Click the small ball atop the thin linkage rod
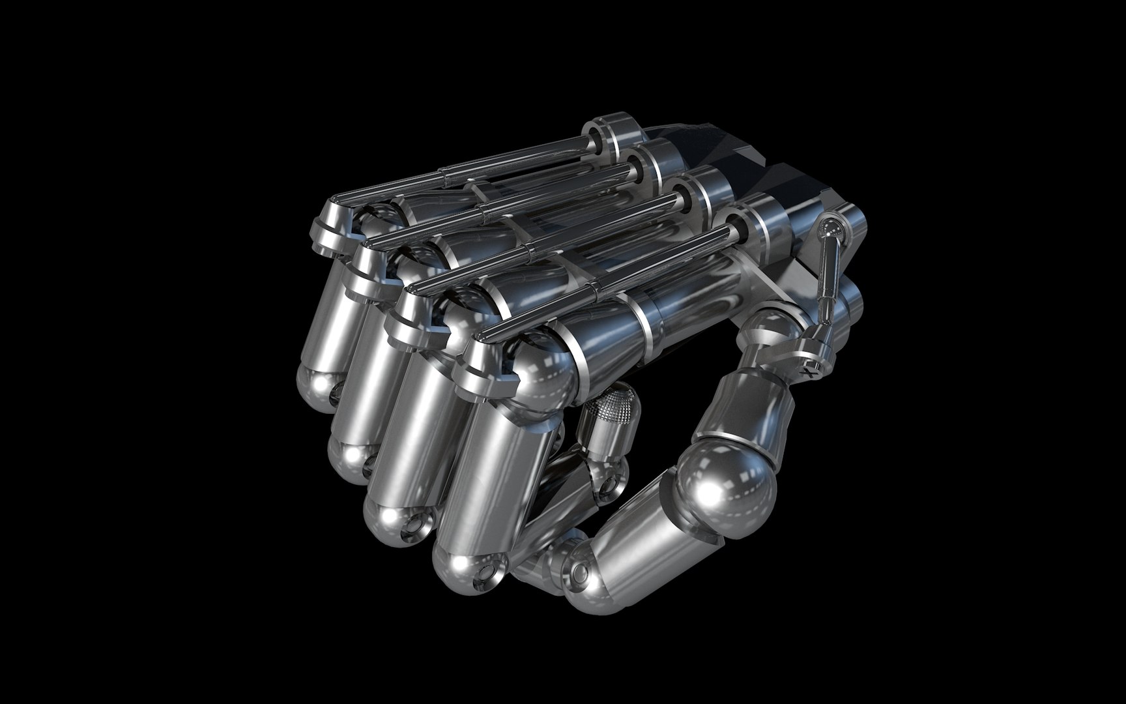(830, 226)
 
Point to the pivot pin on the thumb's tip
(577, 572)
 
